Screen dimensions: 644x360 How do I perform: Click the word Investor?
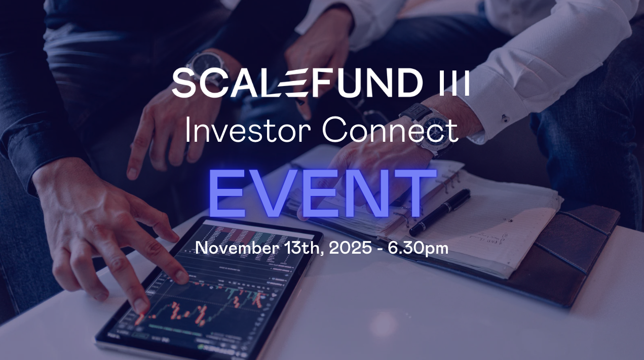[248, 130]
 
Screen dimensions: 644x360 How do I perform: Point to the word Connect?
[390, 130]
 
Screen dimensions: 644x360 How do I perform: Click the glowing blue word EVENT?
[322, 193]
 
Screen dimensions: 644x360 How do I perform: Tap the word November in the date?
[237, 248]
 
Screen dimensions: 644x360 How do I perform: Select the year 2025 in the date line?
[350, 248]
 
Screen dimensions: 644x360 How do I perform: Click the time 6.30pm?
[418, 249]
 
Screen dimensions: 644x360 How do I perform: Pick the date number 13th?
[302, 248]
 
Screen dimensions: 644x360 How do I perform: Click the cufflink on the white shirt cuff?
[505, 118]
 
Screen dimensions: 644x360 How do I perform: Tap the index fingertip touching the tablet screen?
[142, 307]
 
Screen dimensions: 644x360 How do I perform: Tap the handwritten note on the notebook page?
[486, 239]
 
